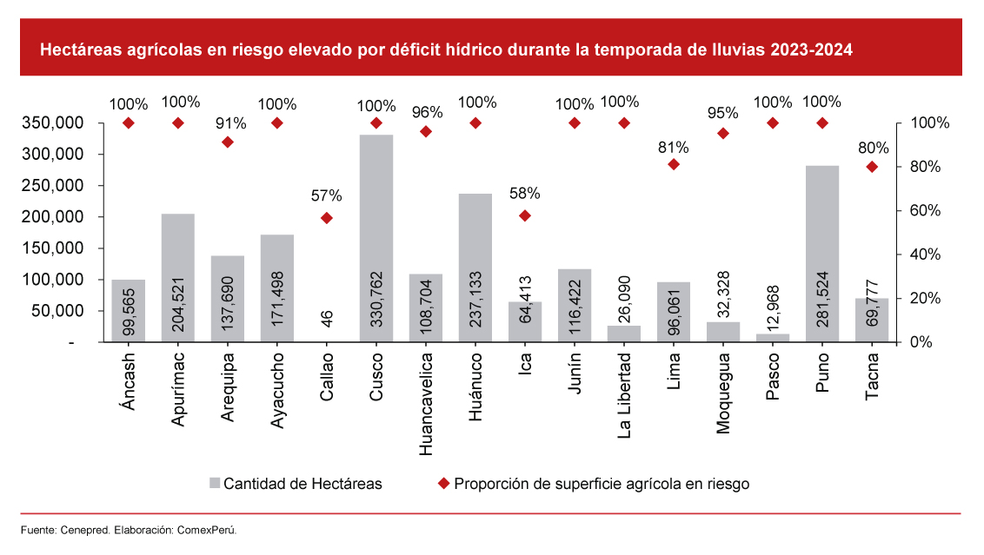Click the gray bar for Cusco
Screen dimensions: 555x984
(x=376, y=238)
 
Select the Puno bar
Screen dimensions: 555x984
(x=822, y=253)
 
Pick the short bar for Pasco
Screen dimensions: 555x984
(x=773, y=338)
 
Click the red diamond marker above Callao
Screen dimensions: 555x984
(x=327, y=218)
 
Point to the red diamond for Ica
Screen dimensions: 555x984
(x=525, y=215)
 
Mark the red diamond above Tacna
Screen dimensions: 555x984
(x=872, y=167)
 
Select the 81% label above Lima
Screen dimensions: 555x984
(x=674, y=147)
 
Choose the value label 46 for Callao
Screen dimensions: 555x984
(x=327, y=318)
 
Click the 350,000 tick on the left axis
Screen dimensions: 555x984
(x=54, y=123)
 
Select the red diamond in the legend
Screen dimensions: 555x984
(x=443, y=484)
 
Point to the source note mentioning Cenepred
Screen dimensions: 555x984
(x=130, y=530)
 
